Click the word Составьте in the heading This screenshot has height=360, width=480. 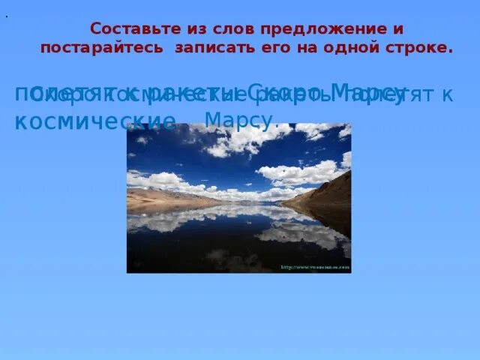[x=127, y=29]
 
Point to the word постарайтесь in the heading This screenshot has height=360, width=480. [x=102, y=47]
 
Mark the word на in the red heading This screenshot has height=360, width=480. [x=301, y=47]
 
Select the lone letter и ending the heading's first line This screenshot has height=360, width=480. [x=399, y=29]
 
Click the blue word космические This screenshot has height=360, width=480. [x=95, y=121]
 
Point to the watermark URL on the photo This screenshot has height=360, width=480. [x=315, y=267]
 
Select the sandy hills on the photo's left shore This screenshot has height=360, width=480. [x=161, y=199]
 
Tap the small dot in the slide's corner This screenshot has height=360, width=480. [x=6, y=14]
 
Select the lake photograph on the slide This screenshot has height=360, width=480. [x=238, y=198]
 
